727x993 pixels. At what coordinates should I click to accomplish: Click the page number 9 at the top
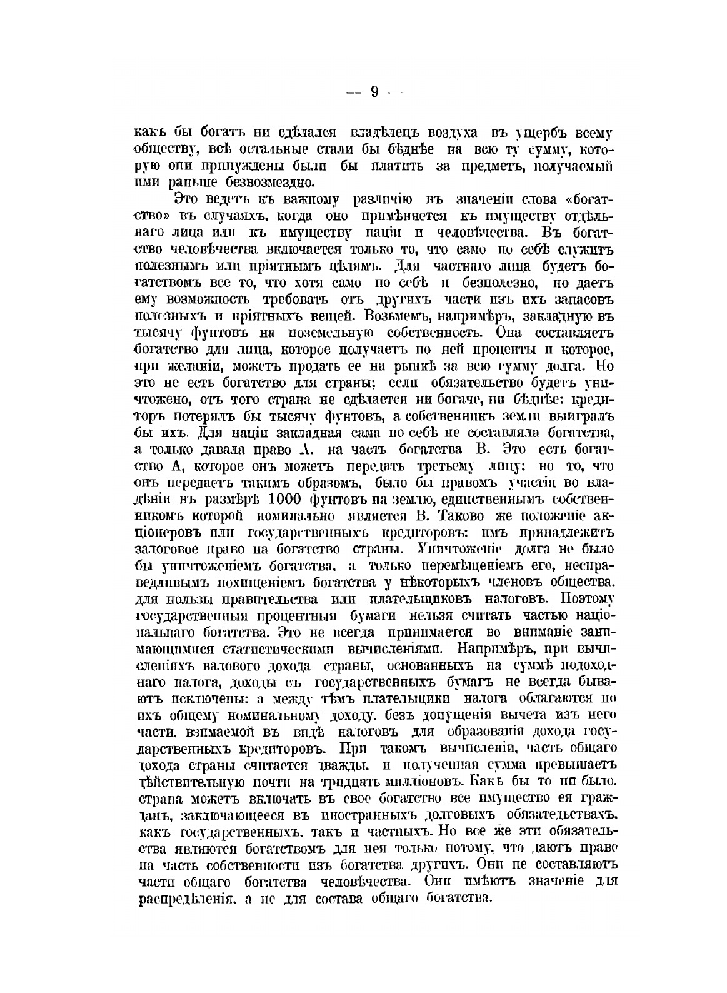pos(374,92)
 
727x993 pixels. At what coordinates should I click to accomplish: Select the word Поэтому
pos(589,598)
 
